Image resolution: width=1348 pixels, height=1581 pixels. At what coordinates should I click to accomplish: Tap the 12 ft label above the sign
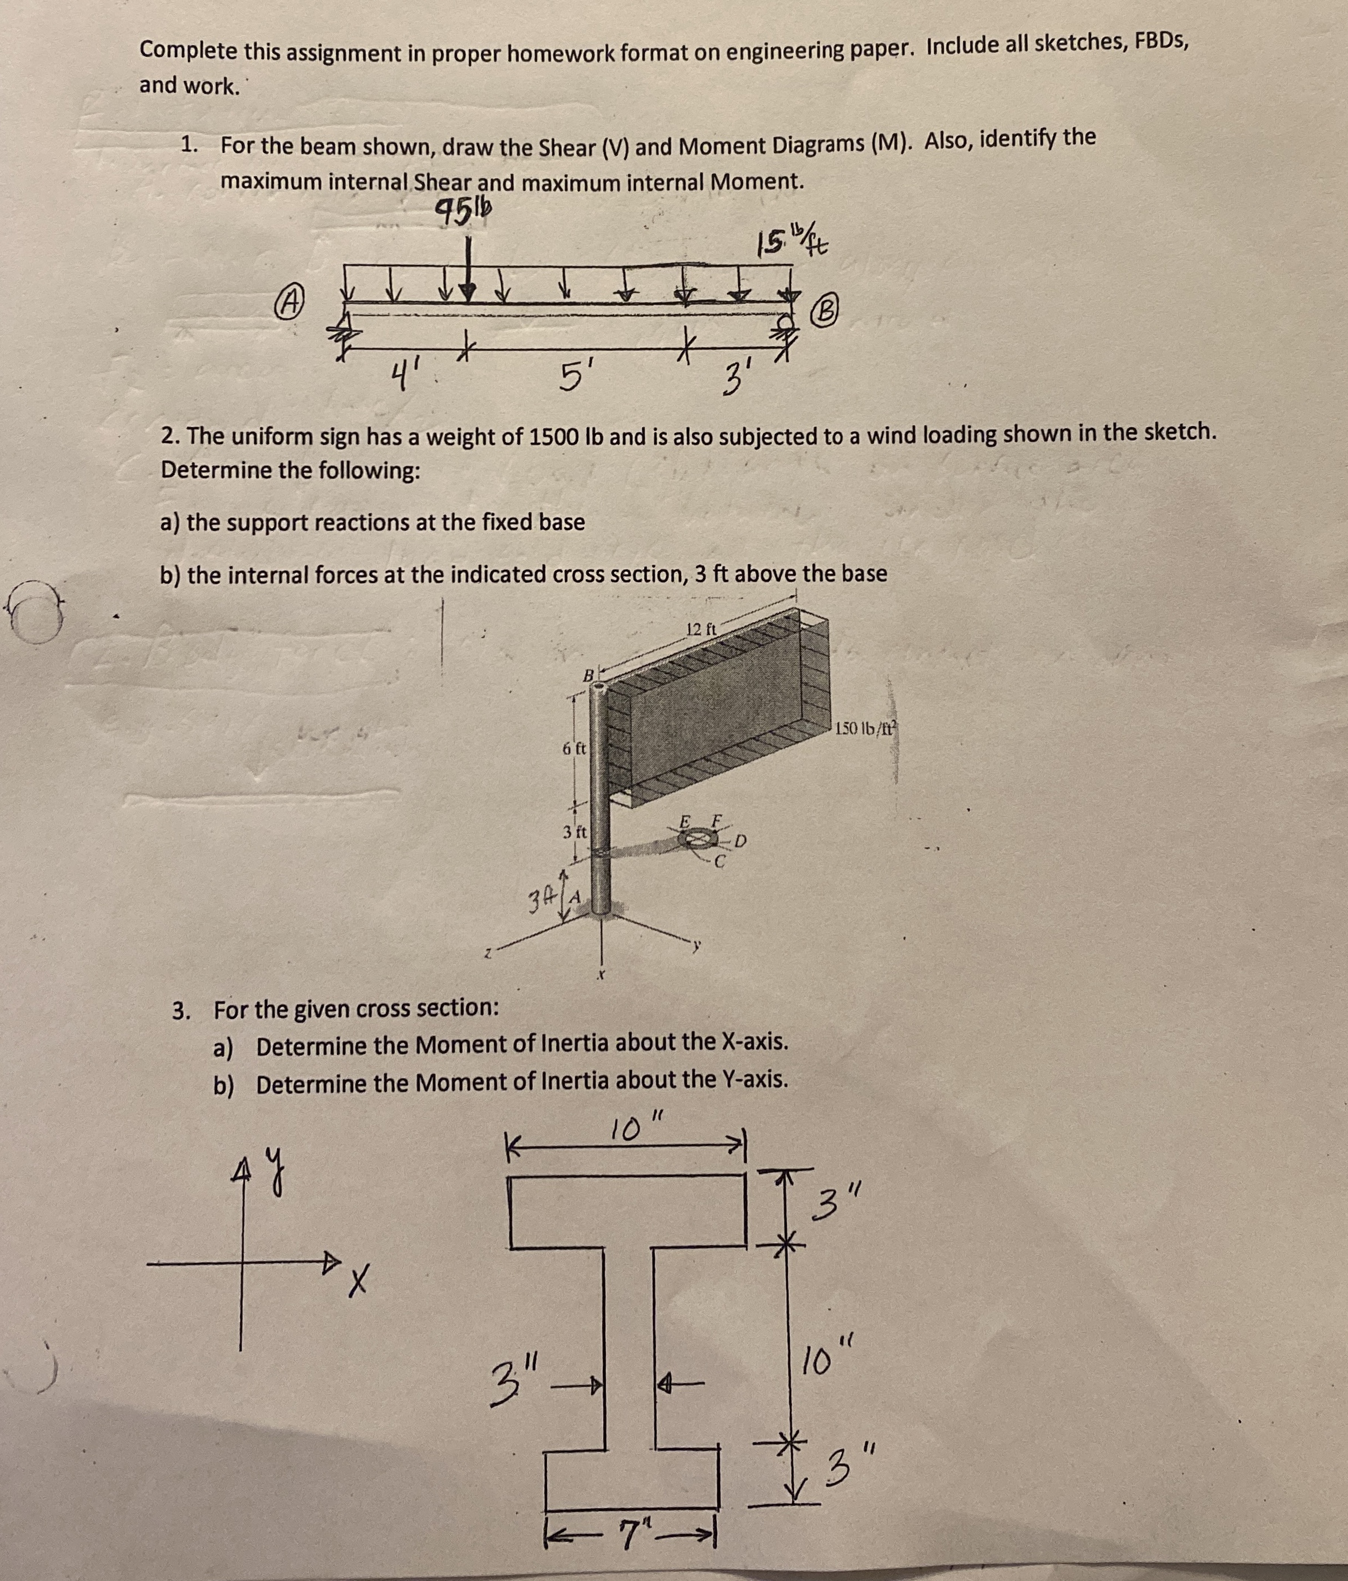700,630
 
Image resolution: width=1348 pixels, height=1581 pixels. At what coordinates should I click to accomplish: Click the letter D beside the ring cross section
740,842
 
